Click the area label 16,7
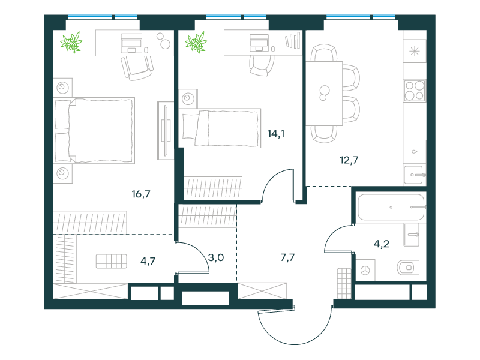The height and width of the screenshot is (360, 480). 141,194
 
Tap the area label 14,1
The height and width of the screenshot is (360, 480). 276,134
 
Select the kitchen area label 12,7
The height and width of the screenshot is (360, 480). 349,160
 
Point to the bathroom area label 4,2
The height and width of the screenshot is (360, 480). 382,244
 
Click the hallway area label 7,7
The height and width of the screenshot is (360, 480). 287,257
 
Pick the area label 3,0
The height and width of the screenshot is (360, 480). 216,257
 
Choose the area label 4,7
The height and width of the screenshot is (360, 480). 148,261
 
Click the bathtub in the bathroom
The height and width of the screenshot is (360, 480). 392,207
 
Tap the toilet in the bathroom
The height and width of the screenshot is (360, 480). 406,268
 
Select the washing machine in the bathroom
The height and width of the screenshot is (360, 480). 365,270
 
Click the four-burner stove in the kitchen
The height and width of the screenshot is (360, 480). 415,91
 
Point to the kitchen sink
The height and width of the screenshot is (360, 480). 415,175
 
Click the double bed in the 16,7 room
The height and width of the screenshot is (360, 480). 94,130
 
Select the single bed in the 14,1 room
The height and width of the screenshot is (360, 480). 220,128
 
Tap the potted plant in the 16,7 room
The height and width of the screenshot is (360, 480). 71,42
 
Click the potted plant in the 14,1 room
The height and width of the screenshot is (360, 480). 196,42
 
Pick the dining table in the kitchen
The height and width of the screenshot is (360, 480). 324,94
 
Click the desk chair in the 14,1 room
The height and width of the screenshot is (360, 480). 262,66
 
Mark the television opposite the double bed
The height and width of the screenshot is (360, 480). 166,131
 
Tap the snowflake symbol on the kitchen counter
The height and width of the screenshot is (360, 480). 415,51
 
